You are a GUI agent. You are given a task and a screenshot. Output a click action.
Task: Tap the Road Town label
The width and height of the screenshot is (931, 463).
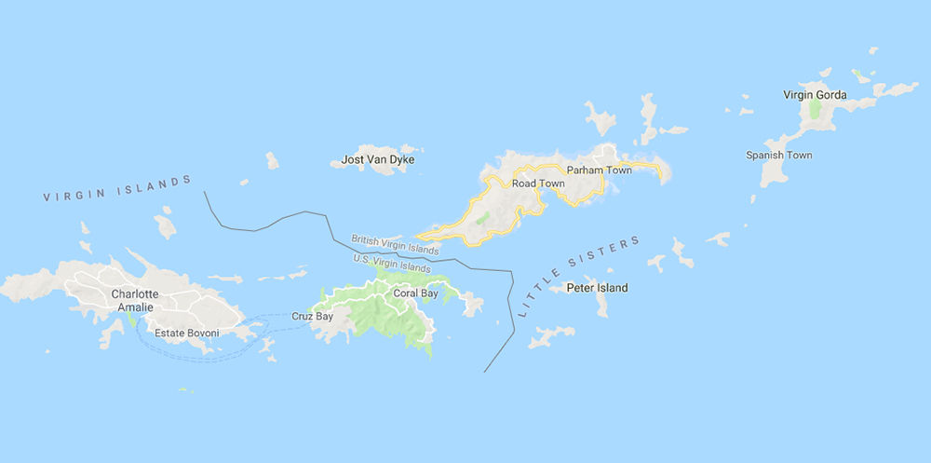point(538,184)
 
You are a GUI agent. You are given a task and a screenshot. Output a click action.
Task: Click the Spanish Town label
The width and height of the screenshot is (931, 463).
point(779,155)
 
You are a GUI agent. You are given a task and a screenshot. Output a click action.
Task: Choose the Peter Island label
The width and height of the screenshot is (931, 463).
point(597,288)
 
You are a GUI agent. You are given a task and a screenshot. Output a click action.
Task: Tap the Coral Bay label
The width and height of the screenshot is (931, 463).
point(415,293)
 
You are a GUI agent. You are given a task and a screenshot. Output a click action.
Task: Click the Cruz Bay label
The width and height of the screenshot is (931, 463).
point(312,316)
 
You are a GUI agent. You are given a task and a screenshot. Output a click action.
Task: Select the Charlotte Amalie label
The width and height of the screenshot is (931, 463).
point(134,300)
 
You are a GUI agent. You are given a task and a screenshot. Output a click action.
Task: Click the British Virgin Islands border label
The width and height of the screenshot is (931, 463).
point(395,245)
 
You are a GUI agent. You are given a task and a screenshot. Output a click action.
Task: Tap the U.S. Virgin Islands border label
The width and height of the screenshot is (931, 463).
point(392,263)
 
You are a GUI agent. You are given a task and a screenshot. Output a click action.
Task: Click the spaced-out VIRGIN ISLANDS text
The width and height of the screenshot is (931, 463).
point(117,190)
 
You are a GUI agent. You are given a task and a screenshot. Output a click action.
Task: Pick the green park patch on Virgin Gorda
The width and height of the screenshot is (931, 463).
point(816,108)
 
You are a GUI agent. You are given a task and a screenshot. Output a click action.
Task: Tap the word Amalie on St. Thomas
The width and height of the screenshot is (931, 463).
point(134,306)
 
